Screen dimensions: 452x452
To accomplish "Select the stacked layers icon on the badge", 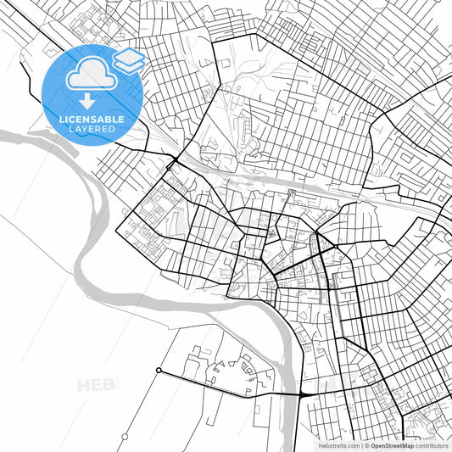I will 128,59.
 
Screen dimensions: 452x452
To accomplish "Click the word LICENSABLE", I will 91,120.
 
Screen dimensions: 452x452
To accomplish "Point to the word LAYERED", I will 91,130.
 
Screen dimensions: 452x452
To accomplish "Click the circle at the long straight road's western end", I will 159,370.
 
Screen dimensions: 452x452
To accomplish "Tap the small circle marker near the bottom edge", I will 125,436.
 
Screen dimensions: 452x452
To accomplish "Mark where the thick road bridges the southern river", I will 289,394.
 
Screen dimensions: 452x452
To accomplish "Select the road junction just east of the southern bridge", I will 304,395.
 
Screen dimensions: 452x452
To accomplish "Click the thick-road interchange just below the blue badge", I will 173,159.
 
